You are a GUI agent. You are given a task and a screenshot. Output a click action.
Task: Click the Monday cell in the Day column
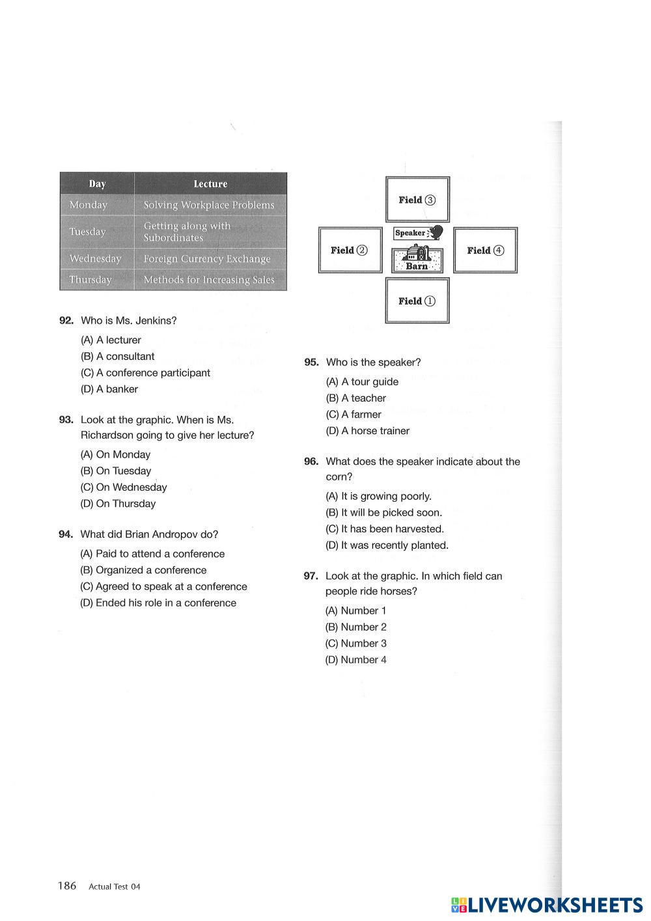[x=89, y=205]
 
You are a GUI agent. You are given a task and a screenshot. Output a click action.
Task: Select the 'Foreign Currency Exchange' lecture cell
[x=207, y=259]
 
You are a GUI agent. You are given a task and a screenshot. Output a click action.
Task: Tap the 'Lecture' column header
[x=210, y=184]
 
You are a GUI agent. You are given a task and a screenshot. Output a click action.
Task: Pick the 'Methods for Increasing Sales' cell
[x=209, y=280]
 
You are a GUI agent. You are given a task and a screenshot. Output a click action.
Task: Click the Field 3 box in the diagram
[x=417, y=200]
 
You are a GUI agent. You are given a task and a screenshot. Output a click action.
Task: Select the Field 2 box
[x=350, y=250]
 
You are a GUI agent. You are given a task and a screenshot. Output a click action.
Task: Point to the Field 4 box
[x=485, y=250]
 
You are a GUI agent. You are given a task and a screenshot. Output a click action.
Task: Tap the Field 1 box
[x=417, y=301]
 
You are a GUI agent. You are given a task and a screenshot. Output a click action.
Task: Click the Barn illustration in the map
[x=417, y=260]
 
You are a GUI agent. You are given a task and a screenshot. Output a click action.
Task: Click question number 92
[x=66, y=320]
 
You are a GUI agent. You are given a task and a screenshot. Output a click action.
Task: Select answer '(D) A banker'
[x=109, y=389]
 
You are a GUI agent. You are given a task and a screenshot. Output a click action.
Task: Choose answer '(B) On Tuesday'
[x=116, y=471]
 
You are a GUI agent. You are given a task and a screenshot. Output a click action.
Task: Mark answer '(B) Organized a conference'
[x=143, y=570]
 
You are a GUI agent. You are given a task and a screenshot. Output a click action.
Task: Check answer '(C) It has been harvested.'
[x=385, y=529]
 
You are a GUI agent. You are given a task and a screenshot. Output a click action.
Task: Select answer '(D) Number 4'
[x=356, y=660]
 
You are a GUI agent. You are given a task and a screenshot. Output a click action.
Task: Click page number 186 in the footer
[x=67, y=886]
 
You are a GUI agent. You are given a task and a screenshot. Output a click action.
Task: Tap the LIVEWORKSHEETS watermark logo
[x=547, y=905]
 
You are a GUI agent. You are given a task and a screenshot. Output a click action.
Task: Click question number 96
[x=311, y=461]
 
